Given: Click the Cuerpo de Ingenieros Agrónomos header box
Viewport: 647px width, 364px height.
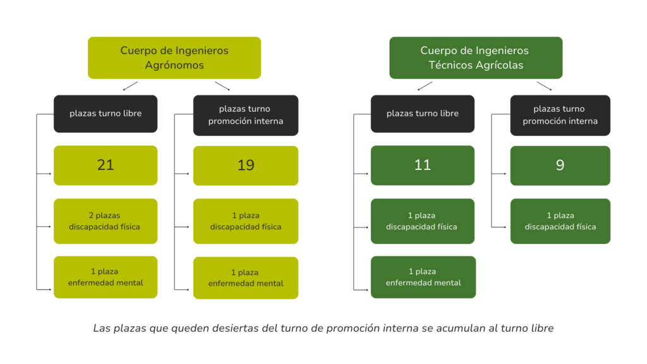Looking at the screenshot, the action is pyautogui.click(x=174, y=58).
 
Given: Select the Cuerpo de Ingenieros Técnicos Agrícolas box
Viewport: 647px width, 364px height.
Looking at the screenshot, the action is pyautogui.click(x=476, y=58).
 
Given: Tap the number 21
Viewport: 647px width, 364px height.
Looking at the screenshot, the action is pyautogui.click(x=106, y=165).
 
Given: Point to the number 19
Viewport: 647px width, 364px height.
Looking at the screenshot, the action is pyautogui.click(x=246, y=166).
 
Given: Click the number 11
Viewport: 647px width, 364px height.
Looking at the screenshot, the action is pyautogui.click(x=423, y=165).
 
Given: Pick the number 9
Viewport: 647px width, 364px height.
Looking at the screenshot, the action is pyautogui.click(x=560, y=166).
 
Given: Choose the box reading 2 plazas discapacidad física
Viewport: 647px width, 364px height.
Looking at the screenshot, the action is pyautogui.click(x=106, y=221).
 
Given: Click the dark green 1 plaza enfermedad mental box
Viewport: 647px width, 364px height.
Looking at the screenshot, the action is pyautogui.click(x=423, y=277).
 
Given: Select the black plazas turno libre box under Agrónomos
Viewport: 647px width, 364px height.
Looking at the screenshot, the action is pyautogui.click(x=106, y=114).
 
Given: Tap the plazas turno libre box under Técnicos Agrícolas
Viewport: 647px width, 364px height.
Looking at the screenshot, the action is pyautogui.click(x=423, y=114).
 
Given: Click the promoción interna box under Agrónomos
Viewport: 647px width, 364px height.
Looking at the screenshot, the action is pyautogui.click(x=246, y=116).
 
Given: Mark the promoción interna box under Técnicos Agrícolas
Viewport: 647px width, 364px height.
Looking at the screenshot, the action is pyautogui.click(x=560, y=116).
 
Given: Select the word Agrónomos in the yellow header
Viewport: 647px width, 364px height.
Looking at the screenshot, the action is pyautogui.click(x=174, y=65).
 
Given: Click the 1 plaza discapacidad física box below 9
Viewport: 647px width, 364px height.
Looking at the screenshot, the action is pyautogui.click(x=560, y=221).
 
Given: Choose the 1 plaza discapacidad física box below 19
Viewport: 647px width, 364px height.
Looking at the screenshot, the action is pyautogui.click(x=246, y=221).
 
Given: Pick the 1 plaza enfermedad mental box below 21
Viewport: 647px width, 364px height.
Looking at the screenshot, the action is pyautogui.click(x=106, y=277).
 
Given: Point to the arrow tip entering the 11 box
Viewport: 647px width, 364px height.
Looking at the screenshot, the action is pyautogui.click(x=368, y=174).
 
